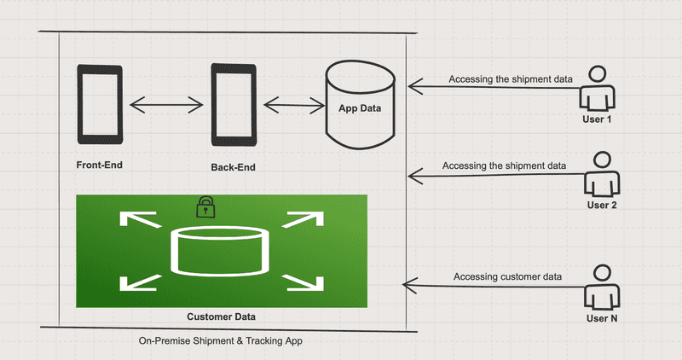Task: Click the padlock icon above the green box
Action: click(x=205, y=206)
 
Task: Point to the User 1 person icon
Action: click(x=598, y=89)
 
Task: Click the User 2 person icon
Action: click(x=601, y=175)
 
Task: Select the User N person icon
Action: click(x=601, y=287)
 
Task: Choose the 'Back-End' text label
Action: click(x=232, y=167)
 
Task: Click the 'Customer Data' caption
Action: click(x=221, y=316)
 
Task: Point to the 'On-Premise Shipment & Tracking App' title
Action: click(x=220, y=340)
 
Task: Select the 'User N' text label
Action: click(x=601, y=318)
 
